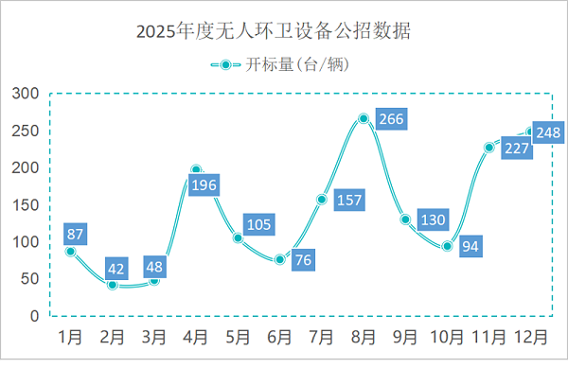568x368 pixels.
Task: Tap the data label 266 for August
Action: pyautogui.click(x=390, y=119)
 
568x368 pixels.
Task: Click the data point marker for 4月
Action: pyautogui.click(x=196, y=170)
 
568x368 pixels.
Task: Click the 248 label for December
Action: pyautogui.click(x=547, y=133)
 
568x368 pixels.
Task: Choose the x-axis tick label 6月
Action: pyautogui.click(x=279, y=336)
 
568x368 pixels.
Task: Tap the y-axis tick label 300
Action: pyautogui.click(x=26, y=94)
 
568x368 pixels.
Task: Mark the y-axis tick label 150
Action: pyautogui.click(x=26, y=204)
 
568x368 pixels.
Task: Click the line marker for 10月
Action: pyautogui.click(x=447, y=246)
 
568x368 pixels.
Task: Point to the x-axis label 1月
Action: pyautogui.click(x=71, y=336)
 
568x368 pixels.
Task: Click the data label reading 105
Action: pyautogui.click(x=258, y=224)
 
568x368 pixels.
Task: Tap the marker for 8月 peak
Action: pyautogui.click(x=364, y=118)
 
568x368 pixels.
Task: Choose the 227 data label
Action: pyautogui.click(x=516, y=149)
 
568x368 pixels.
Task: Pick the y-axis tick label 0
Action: pyautogui.click(x=34, y=315)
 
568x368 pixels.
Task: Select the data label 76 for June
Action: pyautogui.click(x=303, y=258)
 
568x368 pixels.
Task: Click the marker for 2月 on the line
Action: pyautogui.click(x=113, y=284)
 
